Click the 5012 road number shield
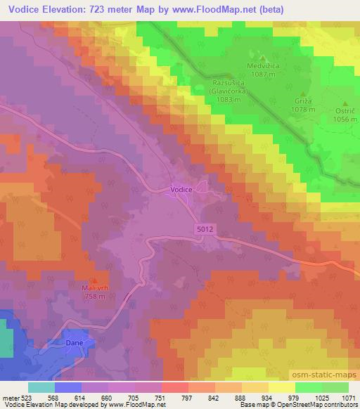coord(203,229)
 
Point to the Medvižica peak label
coord(262,66)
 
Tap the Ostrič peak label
coord(346,111)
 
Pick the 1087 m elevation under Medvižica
coord(262,74)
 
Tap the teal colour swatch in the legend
coord(41,387)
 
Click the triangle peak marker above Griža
coord(304,93)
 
